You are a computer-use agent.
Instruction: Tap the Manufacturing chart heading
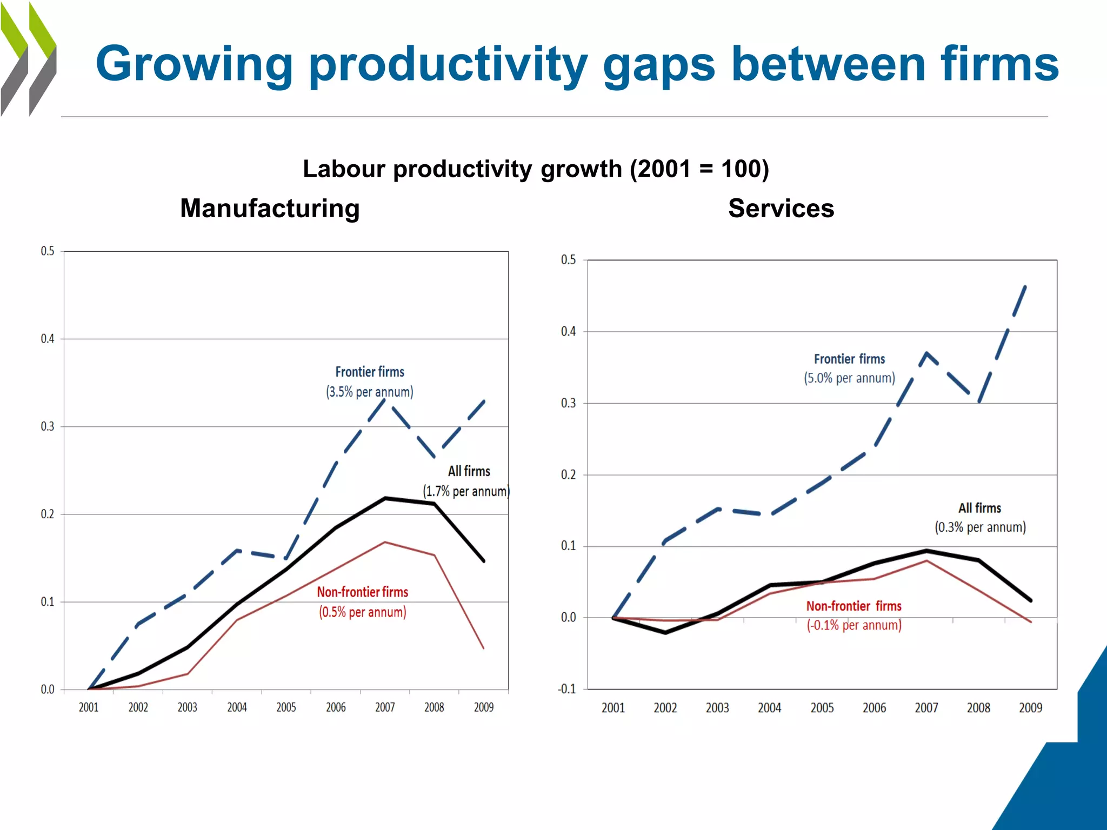270,209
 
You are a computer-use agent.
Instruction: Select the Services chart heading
781,209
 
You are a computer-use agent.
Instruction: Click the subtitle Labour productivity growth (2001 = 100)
535,169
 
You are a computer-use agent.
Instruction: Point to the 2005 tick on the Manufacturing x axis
286,707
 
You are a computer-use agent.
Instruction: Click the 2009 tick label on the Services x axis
1030,708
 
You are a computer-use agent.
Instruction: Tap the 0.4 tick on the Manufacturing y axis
48,339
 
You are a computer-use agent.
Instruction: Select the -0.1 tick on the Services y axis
566,689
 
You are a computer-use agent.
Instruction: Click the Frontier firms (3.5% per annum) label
369,382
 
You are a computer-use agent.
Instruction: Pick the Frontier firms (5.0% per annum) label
849,369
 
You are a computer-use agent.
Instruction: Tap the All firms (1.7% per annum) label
467,481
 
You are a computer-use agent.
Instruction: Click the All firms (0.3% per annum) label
980,518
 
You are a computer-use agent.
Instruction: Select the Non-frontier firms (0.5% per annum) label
362,602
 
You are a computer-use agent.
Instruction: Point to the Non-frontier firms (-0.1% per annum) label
854,615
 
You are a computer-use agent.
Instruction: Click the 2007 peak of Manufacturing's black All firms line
385,498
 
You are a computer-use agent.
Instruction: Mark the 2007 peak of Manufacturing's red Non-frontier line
385,542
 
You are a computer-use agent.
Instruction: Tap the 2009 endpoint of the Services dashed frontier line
1025,286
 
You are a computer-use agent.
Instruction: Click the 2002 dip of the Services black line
665,632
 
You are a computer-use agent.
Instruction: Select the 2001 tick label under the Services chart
613,708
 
